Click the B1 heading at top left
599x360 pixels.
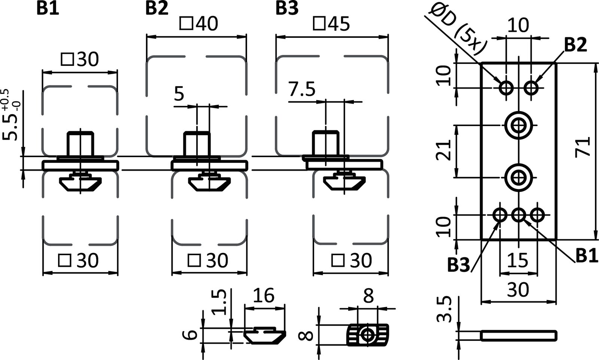point(48,8)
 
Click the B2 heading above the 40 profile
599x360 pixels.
point(157,8)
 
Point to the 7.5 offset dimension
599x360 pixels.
point(302,90)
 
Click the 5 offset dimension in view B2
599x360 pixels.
point(179,94)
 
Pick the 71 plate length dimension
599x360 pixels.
point(584,147)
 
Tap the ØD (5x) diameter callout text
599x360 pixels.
point(457,29)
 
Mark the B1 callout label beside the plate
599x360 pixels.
point(586,256)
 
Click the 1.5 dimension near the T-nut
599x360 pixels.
point(221,302)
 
